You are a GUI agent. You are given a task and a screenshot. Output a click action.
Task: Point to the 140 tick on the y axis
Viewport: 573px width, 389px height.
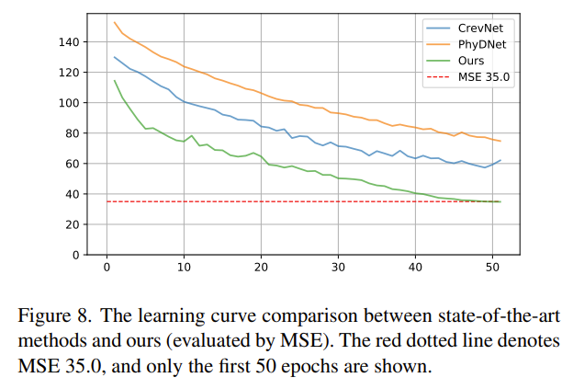(x=69, y=42)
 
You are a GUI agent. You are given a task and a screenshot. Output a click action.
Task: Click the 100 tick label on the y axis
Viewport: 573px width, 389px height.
(x=69, y=103)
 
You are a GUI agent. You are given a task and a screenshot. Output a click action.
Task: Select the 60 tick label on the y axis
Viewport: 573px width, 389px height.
(x=73, y=164)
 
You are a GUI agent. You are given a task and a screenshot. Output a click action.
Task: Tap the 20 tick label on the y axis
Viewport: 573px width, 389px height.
(x=73, y=224)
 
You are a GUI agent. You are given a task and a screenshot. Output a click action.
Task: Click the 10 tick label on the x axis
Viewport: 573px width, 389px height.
(x=184, y=268)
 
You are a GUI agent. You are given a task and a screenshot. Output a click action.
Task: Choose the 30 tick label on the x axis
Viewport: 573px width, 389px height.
(x=338, y=268)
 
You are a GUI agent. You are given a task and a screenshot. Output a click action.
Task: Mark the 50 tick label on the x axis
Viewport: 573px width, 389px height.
(x=492, y=268)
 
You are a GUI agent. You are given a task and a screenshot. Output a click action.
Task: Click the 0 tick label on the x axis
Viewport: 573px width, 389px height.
(x=107, y=268)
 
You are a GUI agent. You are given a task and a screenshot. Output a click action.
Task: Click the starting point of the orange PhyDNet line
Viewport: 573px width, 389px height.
(x=115, y=22)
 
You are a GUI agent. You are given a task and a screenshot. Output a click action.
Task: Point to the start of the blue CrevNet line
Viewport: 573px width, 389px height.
(x=115, y=57)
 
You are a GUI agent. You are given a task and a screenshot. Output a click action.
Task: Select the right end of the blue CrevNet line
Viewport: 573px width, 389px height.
(x=500, y=160)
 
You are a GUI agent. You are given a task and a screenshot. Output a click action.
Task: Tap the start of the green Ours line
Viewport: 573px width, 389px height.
(x=115, y=80)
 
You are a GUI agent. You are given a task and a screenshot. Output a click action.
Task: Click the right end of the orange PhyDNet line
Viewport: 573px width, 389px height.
(x=500, y=142)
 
